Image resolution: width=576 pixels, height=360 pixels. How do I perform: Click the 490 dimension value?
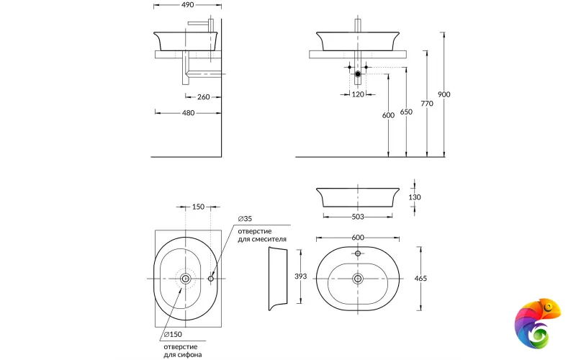click(188, 4)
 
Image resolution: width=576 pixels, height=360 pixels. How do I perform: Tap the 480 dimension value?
click(188, 112)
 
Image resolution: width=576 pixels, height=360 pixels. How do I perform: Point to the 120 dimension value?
click(358, 94)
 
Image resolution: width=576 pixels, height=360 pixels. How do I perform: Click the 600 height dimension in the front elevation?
click(388, 115)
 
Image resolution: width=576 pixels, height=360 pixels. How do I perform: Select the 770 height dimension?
click(427, 104)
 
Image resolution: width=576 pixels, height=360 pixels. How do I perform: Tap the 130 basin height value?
click(414, 197)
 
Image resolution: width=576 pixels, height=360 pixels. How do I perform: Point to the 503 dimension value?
click(358, 216)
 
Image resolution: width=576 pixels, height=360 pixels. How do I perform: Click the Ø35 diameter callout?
click(245, 219)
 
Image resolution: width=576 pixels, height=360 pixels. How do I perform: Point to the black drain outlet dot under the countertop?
click(358, 74)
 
